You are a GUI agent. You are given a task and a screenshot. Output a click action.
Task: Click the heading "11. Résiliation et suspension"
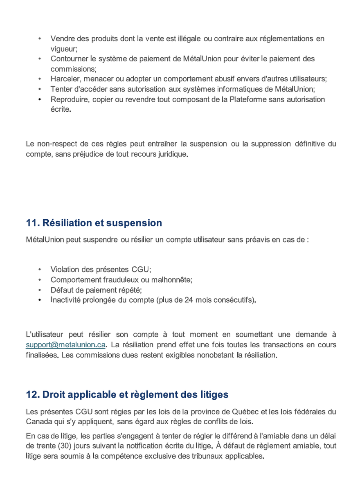(x=94, y=223)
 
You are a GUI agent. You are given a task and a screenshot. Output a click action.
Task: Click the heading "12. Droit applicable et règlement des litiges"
(x=127, y=395)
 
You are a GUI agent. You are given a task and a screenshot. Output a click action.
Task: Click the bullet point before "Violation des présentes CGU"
(x=39, y=270)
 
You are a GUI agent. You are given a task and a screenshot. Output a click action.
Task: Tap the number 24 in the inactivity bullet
(x=189, y=300)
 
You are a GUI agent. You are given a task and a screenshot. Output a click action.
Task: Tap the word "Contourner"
(x=69, y=59)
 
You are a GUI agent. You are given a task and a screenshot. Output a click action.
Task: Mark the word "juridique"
(x=173, y=154)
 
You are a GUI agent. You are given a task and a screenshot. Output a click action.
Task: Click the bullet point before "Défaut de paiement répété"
(x=39, y=290)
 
